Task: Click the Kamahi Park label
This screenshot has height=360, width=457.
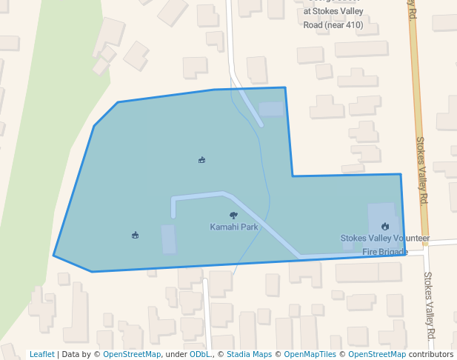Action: point(234,227)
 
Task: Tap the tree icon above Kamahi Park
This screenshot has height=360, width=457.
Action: point(234,215)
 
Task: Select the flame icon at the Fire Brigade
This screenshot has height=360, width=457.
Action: point(384,226)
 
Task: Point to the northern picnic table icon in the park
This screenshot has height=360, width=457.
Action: point(201,159)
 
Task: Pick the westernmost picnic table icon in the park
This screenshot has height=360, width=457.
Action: point(135,235)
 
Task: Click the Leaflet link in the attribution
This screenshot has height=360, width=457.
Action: point(42,354)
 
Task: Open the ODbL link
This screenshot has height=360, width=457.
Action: point(199,354)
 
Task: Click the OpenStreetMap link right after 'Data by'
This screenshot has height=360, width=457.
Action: point(132,354)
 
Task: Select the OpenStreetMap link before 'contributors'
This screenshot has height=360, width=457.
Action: point(377,354)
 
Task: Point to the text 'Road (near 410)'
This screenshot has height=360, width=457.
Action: point(333,24)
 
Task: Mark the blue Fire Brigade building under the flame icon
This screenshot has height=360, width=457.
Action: point(382,221)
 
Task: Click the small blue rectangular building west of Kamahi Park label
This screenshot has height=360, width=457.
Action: point(169,239)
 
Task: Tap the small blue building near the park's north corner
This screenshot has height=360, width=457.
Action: point(271,109)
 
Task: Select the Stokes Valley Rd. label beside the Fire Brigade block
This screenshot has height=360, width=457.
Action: point(421,170)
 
